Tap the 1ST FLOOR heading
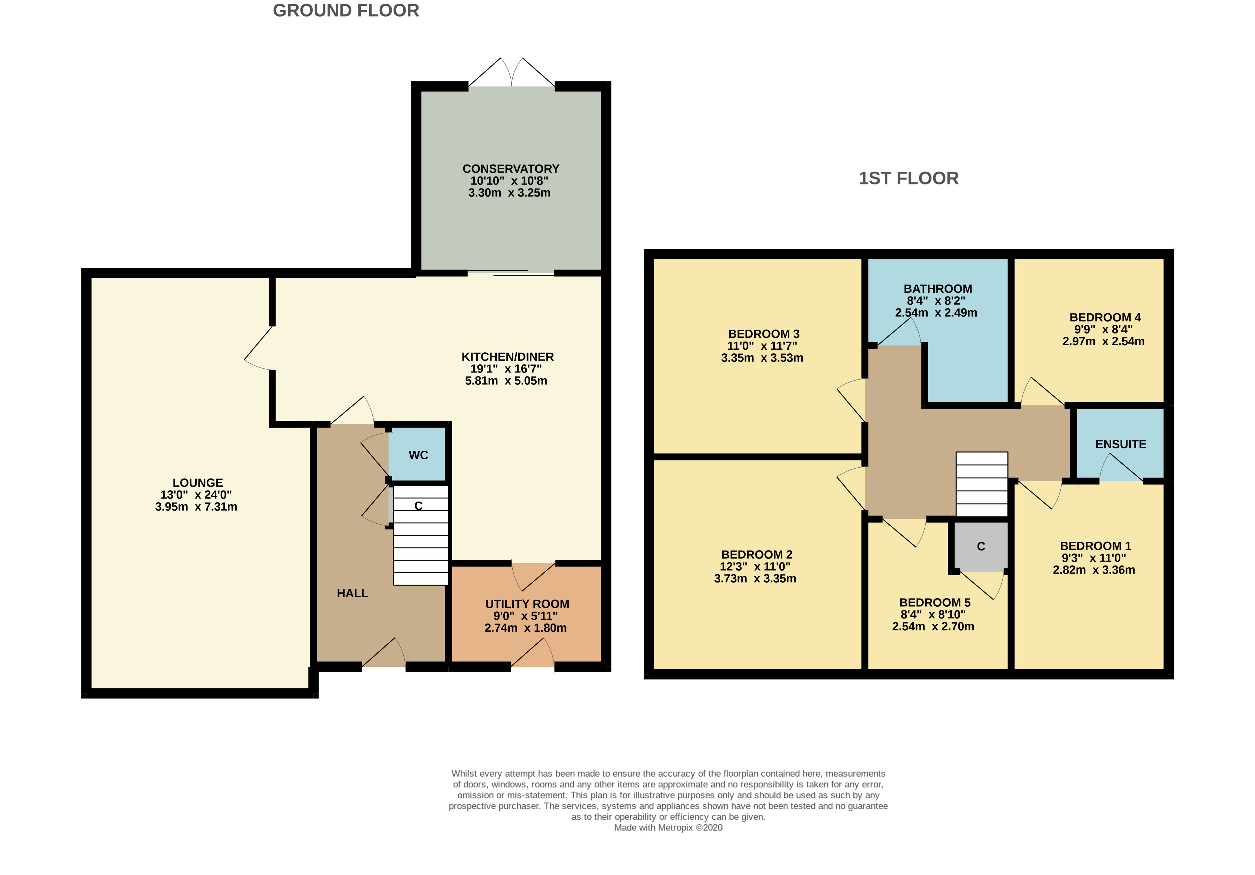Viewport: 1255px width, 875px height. pos(908,178)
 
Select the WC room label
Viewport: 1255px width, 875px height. pos(418,455)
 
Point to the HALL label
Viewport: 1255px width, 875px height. pos(352,593)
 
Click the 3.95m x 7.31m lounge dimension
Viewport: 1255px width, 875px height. pos(196,507)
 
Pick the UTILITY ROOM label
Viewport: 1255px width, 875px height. pos(527,604)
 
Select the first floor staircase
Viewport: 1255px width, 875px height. pos(982,484)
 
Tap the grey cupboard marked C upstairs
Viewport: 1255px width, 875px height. pos(981,547)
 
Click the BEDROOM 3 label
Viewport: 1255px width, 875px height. pos(763,334)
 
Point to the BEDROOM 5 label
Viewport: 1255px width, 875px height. pos(935,602)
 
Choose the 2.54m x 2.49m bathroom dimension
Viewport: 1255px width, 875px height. pos(936,313)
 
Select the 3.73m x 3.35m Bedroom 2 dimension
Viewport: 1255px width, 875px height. pos(755,578)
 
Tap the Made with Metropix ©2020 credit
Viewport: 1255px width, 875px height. pos(668,827)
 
